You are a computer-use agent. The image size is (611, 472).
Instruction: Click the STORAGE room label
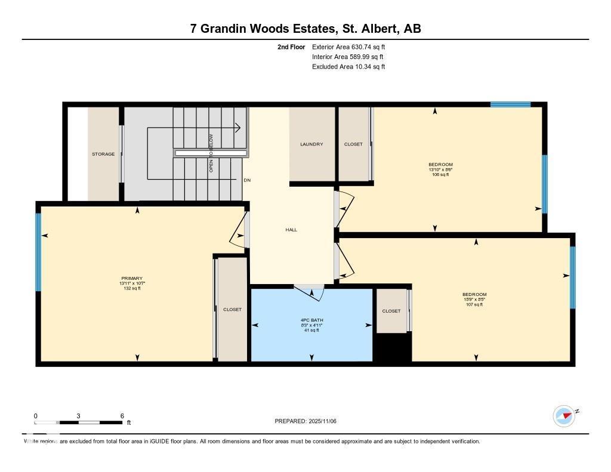point(103,154)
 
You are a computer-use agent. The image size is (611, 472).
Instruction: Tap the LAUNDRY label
point(311,144)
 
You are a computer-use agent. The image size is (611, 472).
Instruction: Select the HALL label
point(291,230)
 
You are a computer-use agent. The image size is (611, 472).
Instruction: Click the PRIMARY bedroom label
point(132,278)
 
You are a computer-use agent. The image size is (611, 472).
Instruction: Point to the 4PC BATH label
point(311,320)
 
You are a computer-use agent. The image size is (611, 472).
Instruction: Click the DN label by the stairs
point(247,181)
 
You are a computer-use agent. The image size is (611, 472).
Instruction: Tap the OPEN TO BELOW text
point(211,153)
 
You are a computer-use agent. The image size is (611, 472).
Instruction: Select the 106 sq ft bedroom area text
point(440,175)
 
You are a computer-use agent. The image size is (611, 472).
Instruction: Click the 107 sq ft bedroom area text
point(474,304)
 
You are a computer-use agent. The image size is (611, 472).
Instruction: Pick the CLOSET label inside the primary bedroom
point(232,310)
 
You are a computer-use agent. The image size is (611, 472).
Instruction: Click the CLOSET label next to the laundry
point(353,144)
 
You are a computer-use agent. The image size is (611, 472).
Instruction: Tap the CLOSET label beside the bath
point(391,311)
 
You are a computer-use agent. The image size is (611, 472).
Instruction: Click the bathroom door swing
point(311,292)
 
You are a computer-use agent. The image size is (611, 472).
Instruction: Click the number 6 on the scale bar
point(122,416)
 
